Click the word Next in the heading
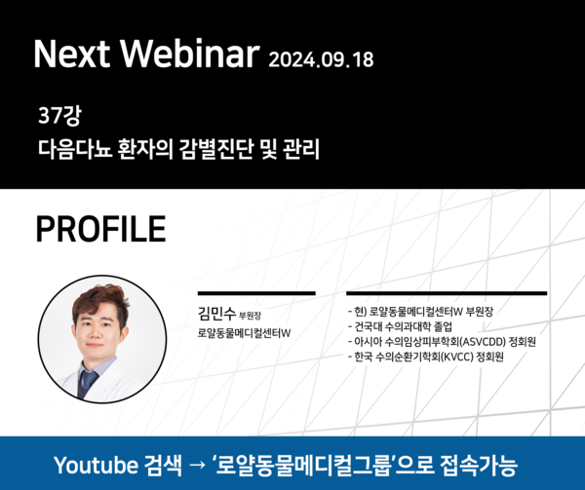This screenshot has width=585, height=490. pyautogui.click(x=72, y=54)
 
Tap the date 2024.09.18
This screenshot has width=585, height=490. pyautogui.click(x=321, y=59)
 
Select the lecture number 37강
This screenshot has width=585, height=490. pyautogui.click(x=59, y=115)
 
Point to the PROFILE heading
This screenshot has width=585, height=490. pyautogui.click(x=100, y=229)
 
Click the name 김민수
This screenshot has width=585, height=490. pyautogui.click(x=216, y=313)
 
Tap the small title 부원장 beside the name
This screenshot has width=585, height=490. pyautogui.click(x=250, y=316)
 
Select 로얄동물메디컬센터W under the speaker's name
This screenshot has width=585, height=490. pyautogui.click(x=244, y=333)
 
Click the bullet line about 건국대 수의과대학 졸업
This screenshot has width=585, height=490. pyautogui.click(x=400, y=326)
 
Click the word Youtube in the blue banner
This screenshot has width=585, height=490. pyautogui.click(x=96, y=465)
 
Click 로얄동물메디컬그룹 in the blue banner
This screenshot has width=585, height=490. pyautogui.click(x=303, y=465)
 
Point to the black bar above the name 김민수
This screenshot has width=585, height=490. pyautogui.click(x=256, y=293)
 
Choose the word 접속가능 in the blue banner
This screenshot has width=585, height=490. pyautogui.click(x=479, y=465)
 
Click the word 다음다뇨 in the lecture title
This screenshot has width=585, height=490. pyautogui.click(x=75, y=149)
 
